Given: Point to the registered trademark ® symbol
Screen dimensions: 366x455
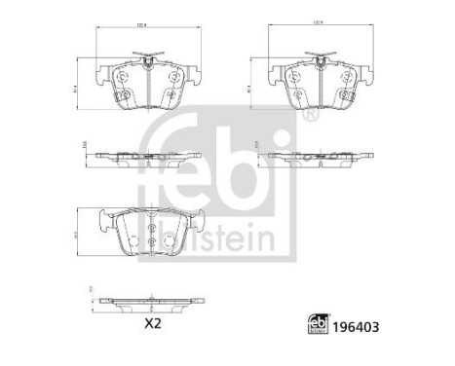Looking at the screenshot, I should pyautogui.click(x=310, y=115).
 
